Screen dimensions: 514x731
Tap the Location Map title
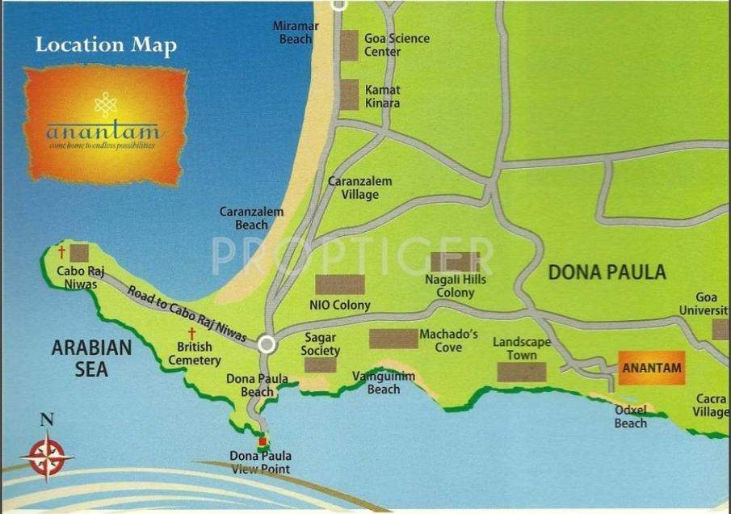point(105,45)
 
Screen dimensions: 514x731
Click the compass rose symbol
point(47,456)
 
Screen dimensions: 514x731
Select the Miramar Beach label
point(295,33)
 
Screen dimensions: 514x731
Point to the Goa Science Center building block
point(349,45)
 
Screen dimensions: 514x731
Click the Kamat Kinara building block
point(349,95)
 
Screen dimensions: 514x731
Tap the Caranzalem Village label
point(359,188)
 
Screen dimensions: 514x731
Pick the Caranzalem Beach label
point(252,218)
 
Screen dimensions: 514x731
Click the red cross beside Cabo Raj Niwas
point(61,252)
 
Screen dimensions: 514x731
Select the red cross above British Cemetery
point(192,334)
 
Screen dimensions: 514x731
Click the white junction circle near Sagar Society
point(267,345)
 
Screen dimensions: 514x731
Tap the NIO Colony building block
point(339,285)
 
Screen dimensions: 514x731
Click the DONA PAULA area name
point(607,272)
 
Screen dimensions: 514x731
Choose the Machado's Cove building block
point(393,339)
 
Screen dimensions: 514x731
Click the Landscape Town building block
point(521,372)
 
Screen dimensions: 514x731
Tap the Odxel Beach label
point(630,417)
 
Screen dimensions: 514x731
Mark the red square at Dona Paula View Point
point(262,441)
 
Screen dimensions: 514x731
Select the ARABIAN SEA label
point(91,359)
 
